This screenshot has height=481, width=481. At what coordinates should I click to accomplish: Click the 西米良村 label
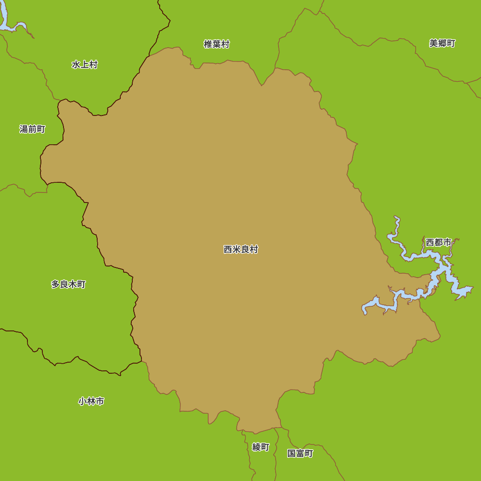point(241,250)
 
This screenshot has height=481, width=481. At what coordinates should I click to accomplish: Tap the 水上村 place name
point(85,64)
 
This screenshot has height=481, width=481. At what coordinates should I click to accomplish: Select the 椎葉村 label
point(216,44)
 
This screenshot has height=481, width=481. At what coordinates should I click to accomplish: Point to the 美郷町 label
point(442,43)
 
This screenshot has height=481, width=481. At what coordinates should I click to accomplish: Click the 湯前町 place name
point(32,129)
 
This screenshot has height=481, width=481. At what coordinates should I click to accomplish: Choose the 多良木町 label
point(68,284)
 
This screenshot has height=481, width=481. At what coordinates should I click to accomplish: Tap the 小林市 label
point(91,401)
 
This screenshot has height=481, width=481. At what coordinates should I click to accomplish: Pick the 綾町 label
point(261,447)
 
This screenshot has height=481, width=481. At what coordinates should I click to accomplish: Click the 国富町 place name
point(300,453)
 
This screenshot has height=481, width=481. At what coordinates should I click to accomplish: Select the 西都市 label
point(439,242)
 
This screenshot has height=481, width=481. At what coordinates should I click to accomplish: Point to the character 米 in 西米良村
point(237,250)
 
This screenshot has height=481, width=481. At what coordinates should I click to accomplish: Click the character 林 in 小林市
point(91,401)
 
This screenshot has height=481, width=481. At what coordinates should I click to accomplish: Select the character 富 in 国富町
point(300,453)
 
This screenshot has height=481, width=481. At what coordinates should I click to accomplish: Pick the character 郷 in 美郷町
point(442,43)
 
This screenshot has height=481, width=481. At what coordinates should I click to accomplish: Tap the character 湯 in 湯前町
point(24,129)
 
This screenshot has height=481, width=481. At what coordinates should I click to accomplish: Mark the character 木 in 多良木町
point(73,284)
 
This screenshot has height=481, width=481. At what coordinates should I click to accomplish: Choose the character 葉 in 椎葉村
point(216,44)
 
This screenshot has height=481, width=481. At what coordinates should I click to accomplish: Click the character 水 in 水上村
point(76,64)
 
